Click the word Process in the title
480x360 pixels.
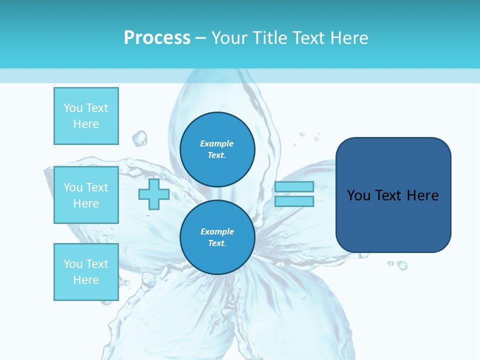pos(157,37)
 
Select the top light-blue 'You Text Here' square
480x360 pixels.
pos(86,116)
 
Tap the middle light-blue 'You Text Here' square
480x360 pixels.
pos(86,195)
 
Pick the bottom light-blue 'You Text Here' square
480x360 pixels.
pos(86,272)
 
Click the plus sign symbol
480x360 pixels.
pos(154,194)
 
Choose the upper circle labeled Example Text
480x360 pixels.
pos(217,149)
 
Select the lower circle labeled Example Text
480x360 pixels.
pos(217,237)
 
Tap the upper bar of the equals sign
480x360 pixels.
pos(294,186)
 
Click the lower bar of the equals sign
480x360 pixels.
pos(294,201)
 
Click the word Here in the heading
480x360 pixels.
pos(349,37)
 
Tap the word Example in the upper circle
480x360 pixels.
pos(217,143)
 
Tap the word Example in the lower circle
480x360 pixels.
pos(217,231)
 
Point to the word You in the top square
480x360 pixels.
pos(73,108)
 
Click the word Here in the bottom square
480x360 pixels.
pos(86,280)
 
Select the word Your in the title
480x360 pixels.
pos(228,37)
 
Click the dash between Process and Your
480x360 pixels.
pos(200,38)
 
